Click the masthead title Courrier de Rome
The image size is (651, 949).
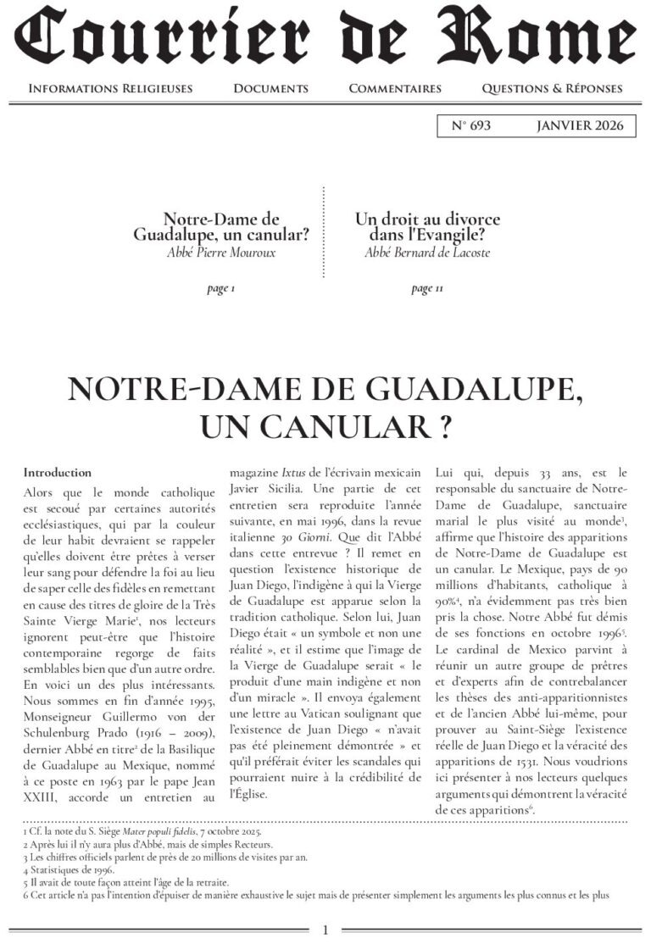click(x=325, y=38)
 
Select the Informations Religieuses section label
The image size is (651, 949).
click(x=110, y=88)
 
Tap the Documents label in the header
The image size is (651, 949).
click(x=270, y=88)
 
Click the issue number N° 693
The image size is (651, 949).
click(x=471, y=126)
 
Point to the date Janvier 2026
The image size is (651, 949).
click(x=580, y=126)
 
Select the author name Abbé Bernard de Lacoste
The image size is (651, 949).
click(x=427, y=253)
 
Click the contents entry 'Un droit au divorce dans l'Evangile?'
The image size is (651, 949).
click(x=427, y=227)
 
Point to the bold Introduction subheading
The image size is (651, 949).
click(x=58, y=472)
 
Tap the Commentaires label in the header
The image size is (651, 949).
click(x=395, y=88)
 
